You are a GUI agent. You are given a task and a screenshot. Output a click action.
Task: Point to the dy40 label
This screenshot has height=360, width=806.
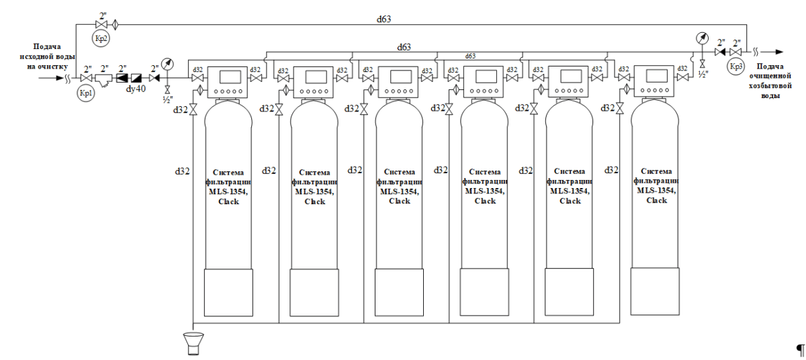(x=136, y=88)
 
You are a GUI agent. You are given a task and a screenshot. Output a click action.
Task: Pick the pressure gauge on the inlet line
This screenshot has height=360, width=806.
(x=167, y=64)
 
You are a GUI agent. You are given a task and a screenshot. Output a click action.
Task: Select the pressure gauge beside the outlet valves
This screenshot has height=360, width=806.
(x=702, y=38)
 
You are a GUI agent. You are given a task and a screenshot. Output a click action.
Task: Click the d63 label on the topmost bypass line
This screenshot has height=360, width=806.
(x=384, y=19)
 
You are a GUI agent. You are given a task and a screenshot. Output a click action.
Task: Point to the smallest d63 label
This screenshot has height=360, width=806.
(x=471, y=56)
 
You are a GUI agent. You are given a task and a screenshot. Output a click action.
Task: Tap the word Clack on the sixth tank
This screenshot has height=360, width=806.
(x=656, y=201)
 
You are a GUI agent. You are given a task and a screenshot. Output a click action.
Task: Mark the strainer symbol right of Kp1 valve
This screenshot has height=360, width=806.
(x=104, y=79)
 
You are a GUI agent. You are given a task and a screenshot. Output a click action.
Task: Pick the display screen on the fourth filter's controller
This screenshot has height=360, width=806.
(x=482, y=76)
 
